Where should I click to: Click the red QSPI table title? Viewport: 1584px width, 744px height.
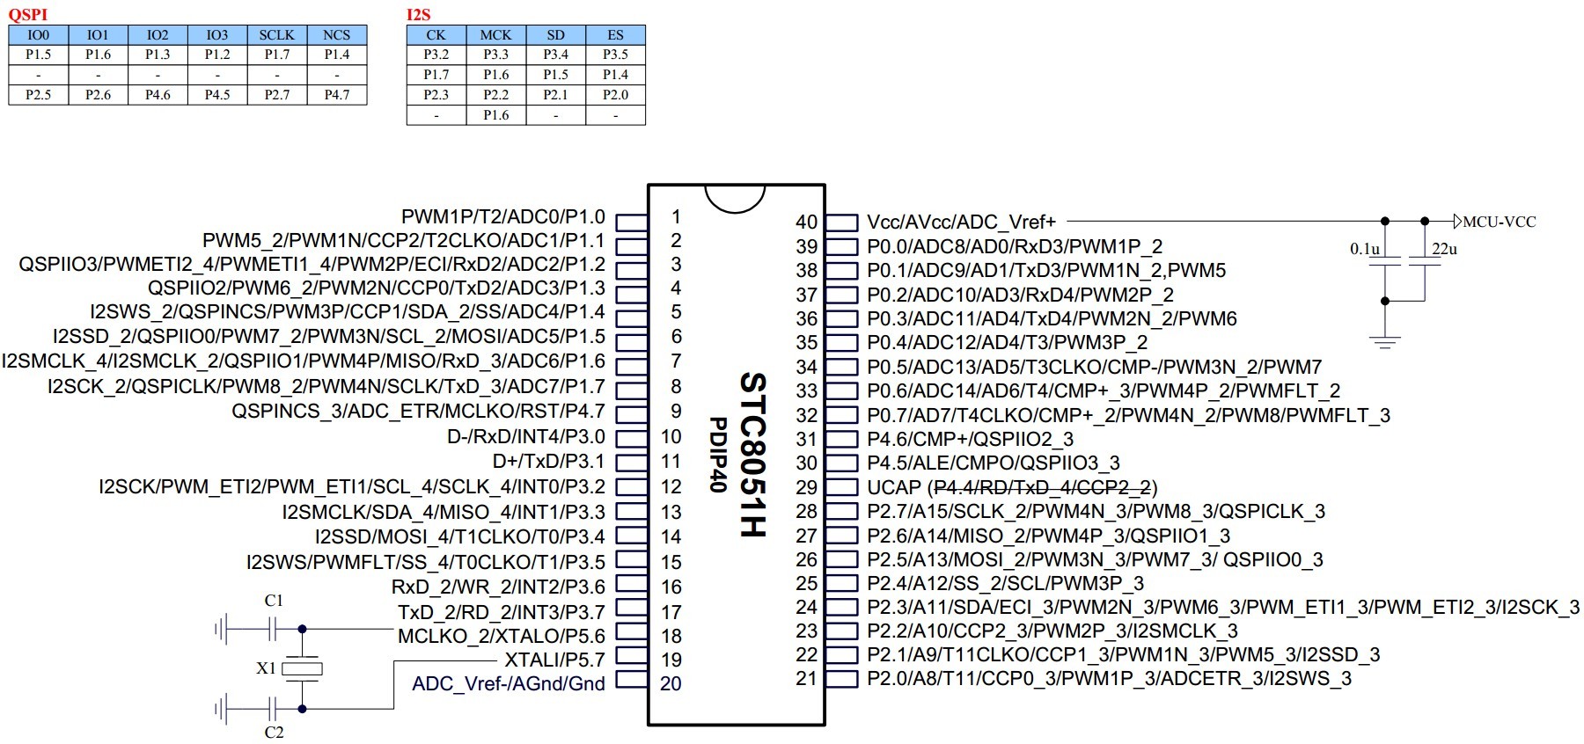(x=27, y=14)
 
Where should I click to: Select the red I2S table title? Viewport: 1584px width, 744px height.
(x=418, y=14)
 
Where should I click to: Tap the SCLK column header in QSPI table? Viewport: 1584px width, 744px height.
(x=276, y=35)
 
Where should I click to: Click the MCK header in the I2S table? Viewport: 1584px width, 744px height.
(x=495, y=35)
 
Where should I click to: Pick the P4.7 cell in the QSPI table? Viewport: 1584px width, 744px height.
(x=336, y=94)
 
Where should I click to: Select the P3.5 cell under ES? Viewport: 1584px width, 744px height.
(x=615, y=55)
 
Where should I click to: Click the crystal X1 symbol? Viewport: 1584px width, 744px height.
(x=302, y=668)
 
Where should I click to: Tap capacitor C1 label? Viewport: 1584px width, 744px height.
(x=274, y=601)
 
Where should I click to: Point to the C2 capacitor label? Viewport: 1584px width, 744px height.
(x=274, y=732)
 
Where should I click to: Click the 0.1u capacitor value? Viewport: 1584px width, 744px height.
(x=1365, y=249)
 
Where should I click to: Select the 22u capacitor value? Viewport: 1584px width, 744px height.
(x=1444, y=249)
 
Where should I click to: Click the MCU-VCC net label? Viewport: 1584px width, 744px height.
(x=1499, y=222)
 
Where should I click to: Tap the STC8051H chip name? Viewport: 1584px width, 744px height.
(x=753, y=454)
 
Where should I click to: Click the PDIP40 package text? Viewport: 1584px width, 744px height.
(x=718, y=454)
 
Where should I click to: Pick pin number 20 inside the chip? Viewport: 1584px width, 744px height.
(x=671, y=683)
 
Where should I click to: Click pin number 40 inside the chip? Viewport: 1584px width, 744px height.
(x=806, y=222)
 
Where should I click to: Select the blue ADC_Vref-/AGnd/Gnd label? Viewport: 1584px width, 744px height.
(x=509, y=683)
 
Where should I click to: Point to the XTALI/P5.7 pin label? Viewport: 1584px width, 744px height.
(x=554, y=660)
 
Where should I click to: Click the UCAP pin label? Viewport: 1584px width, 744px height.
(x=893, y=487)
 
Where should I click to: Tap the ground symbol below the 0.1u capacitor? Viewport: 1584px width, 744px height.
(x=1385, y=341)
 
